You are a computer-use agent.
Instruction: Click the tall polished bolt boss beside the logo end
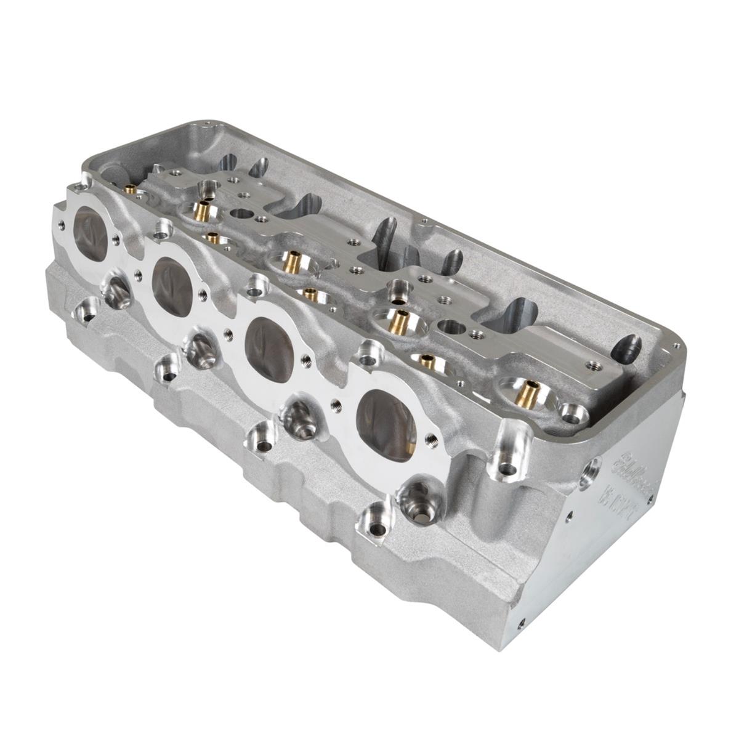click(509, 453)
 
